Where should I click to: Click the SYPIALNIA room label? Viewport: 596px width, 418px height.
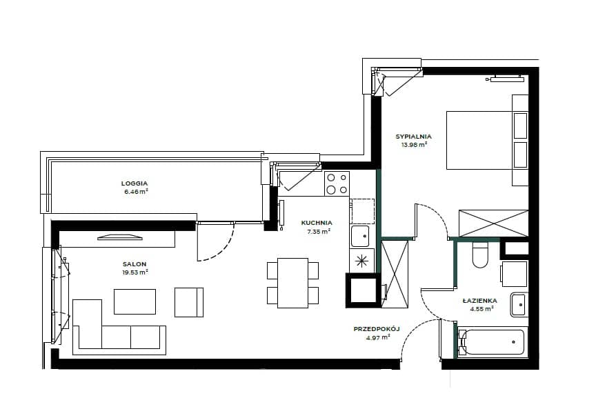pyautogui.click(x=414, y=137)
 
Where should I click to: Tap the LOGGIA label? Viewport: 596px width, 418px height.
pyautogui.click(x=135, y=183)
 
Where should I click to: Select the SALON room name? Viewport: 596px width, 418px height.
pyautogui.click(x=135, y=264)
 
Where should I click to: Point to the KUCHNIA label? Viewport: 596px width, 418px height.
pyautogui.click(x=317, y=223)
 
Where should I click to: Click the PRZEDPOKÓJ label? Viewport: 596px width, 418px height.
pyautogui.click(x=377, y=329)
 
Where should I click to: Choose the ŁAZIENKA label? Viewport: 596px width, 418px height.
pyautogui.click(x=479, y=301)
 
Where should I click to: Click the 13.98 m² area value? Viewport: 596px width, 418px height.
pyautogui.click(x=415, y=144)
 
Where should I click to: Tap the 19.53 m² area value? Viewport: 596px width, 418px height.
pyautogui.click(x=135, y=272)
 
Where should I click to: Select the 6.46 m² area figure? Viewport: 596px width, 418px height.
pyautogui.click(x=136, y=192)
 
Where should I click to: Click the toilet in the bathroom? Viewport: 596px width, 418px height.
pyautogui.click(x=479, y=255)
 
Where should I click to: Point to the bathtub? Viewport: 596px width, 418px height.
pyautogui.click(x=493, y=342)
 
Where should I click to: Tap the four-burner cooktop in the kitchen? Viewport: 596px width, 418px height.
pyautogui.click(x=337, y=183)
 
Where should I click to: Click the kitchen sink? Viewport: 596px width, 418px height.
pyautogui.click(x=360, y=237)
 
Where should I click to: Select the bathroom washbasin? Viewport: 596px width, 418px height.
pyautogui.click(x=519, y=305)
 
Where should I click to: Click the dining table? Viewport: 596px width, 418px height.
pyautogui.click(x=292, y=283)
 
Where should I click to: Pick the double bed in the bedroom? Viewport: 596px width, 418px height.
pyautogui.click(x=487, y=140)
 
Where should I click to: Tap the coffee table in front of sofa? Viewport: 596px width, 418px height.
pyautogui.click(x=135, y=301)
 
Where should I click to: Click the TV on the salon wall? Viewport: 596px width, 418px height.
pyautogui.click(x=120, y=238)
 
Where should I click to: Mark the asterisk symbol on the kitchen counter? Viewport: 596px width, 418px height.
pyautogui.click(x=361, y=261)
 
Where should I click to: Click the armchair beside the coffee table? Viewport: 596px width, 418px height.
pyautogui.click(x=189, y=303)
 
